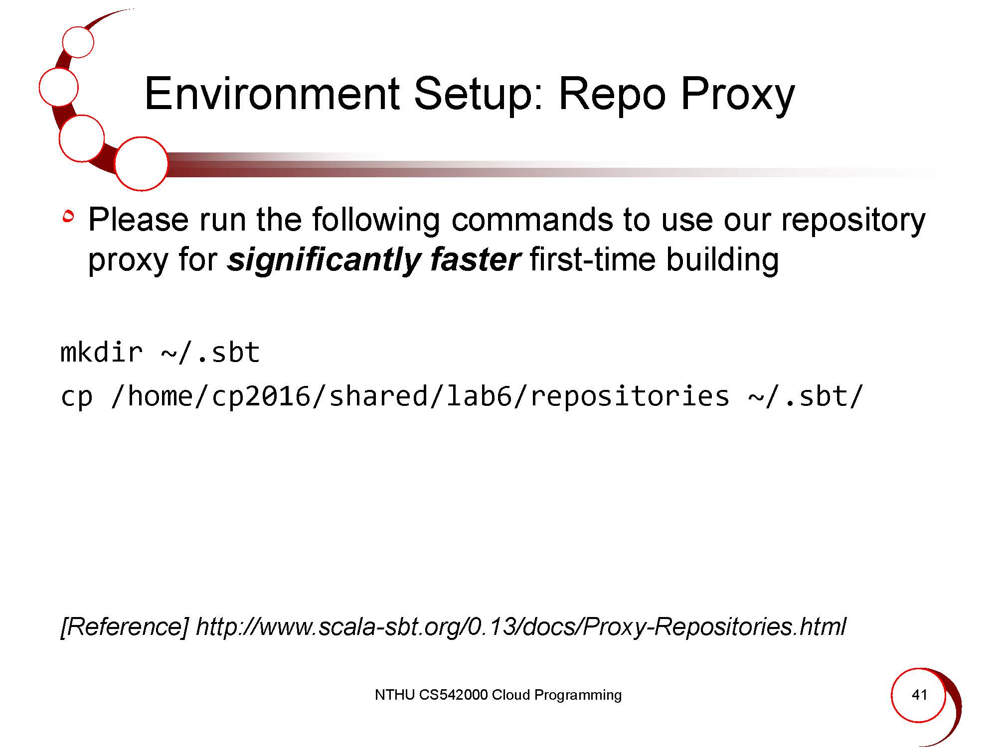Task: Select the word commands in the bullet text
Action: pyautogui.click(x=532, y=220)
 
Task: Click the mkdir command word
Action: pyautogui.click(x=101, y=353)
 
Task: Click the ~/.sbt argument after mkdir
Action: pyautogui.click(x=210, y=353)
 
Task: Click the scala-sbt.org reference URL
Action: pyautogui.click(x=521, y=626)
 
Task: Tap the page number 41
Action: pyautogui.click(x=919, y=695)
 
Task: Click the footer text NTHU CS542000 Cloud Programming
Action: pyautogui.click(x=498, y=695)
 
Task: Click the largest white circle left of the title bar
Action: pyautogui.click(x=141, y=164)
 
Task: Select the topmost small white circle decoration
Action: pyautogui.click(x=78, y=42)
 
